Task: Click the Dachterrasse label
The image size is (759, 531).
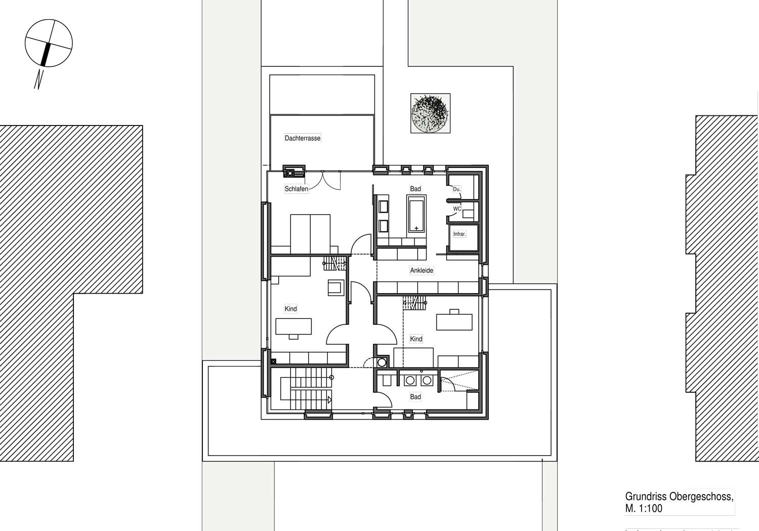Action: (302, 138)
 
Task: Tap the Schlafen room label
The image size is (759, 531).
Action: (296, 189)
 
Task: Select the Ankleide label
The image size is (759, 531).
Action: (421, 270)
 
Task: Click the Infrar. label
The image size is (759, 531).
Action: (459, 234)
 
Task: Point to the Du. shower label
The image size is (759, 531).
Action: (457, 189)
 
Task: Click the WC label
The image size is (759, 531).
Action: (457, 209)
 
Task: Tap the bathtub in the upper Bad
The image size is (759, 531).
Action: (416, 214)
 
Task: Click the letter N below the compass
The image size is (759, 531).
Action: (39, 79)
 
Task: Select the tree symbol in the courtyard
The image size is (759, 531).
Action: (430, 113)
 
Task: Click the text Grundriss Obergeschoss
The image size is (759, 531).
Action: (679, 497)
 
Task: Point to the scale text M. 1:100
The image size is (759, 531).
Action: (644, 508)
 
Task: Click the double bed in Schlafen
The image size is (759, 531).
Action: (310, 234)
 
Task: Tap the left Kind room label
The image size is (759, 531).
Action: (291, 309)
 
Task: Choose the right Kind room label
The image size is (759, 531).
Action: (416, 339)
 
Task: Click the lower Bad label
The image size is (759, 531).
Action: (415, 396)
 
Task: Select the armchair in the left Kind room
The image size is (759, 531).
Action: (336, 288)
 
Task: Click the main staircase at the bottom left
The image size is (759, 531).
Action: (306, 389)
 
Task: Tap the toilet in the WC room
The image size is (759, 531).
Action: (468, 214)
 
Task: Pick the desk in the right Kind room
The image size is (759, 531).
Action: (454, 322)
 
